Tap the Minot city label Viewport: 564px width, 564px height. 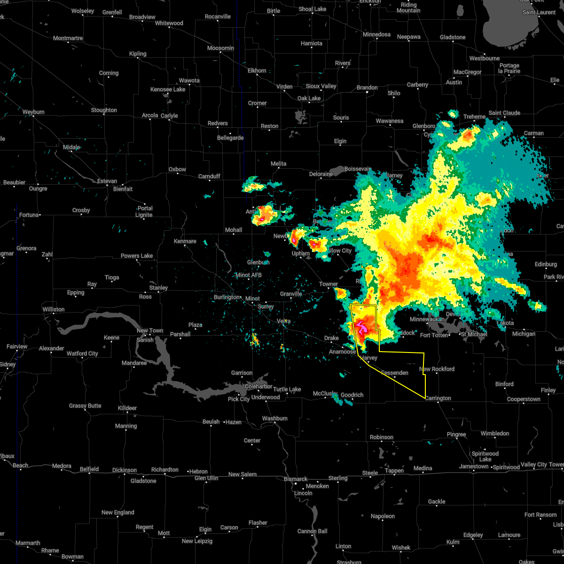(252, 298)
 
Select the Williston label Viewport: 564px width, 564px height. (53, 309)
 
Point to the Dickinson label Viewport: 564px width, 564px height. (125, 470)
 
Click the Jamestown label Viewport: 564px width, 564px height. (474, 466)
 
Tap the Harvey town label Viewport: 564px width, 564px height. (369, 358)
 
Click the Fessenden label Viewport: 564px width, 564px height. (394, 373)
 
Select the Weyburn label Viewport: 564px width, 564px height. (33, 112)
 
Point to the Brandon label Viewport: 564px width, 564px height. (367, 87)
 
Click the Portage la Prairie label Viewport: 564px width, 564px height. (509, 68)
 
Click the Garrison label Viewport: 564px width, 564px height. (242, 373)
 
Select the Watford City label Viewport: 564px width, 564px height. (82, 353)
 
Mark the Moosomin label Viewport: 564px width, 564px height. (220, 48)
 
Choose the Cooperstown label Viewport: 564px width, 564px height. (524, 399)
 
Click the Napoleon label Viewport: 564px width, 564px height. (383, 516)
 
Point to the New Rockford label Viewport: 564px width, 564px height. (437, 369)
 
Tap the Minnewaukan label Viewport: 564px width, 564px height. (427, 319)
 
